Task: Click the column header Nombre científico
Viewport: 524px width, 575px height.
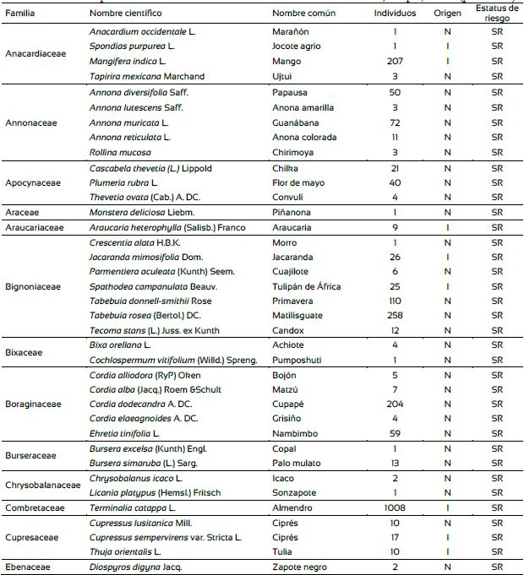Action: click(126, 14)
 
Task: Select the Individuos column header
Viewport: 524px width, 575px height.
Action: click(395, 14)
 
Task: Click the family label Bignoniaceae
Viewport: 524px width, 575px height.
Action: click(33, 287)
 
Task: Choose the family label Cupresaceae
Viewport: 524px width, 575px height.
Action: click(32, 537)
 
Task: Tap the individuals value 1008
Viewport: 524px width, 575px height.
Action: click(395, 507)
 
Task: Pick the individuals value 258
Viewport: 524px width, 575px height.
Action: click(395, 317)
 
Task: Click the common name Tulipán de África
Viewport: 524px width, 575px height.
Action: click(306, 286)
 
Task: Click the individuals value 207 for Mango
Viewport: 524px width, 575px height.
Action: click(395, 61)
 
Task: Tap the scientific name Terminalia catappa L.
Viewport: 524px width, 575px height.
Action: click(132, 507)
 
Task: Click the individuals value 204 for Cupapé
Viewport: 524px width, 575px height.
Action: click(395, 404)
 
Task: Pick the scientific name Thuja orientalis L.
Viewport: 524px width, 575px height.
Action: click(124, 552)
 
